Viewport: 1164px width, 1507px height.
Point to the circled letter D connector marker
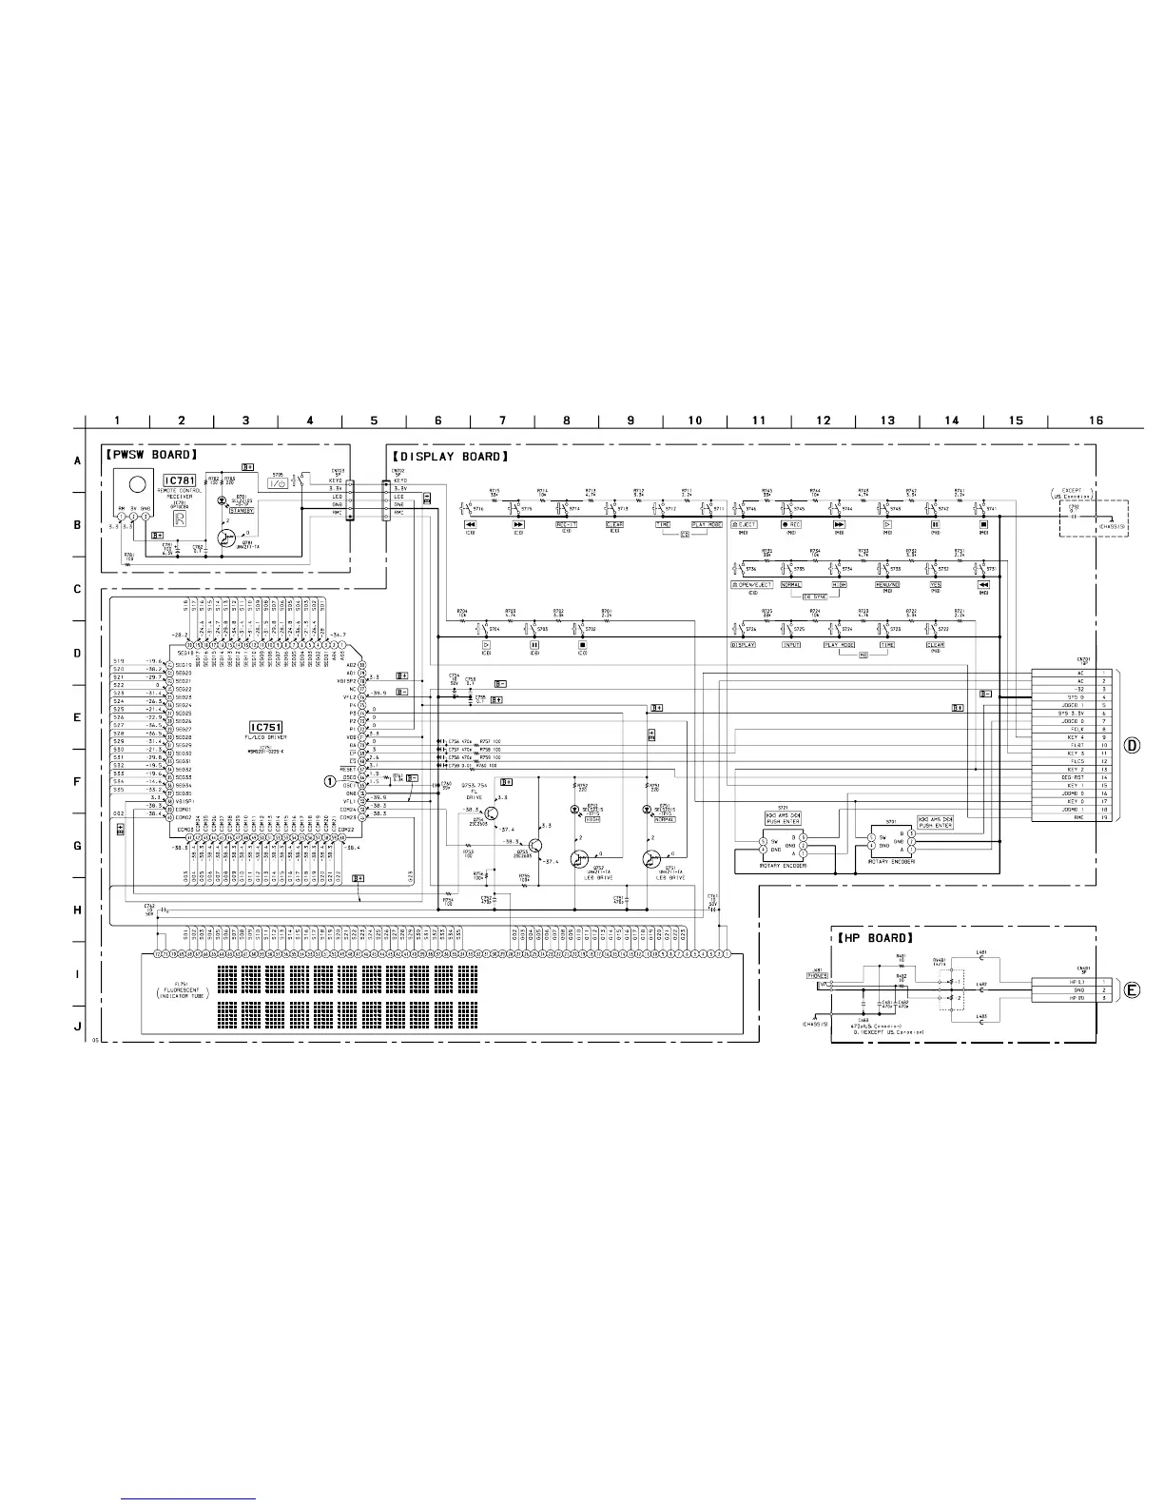tap(1133, 744)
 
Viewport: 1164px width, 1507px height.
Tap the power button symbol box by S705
tap(279, 483)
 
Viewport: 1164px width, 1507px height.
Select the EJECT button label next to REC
tap(744, 524)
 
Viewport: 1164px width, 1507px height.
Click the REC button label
tap(791, 524)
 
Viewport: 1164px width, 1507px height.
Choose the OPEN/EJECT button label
tap(751, 584)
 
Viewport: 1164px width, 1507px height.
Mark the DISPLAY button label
tap(743, 644)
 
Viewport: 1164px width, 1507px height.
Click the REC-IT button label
tap(567, 524)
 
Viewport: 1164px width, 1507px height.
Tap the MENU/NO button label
tap(886, 584)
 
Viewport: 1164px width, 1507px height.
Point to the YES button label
tap(935, 584)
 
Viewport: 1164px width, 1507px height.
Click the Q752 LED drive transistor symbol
tap(578, 859)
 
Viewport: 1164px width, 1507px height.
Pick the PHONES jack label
tap(817, 975)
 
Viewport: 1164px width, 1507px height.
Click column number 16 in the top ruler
tap(1096, 421)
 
